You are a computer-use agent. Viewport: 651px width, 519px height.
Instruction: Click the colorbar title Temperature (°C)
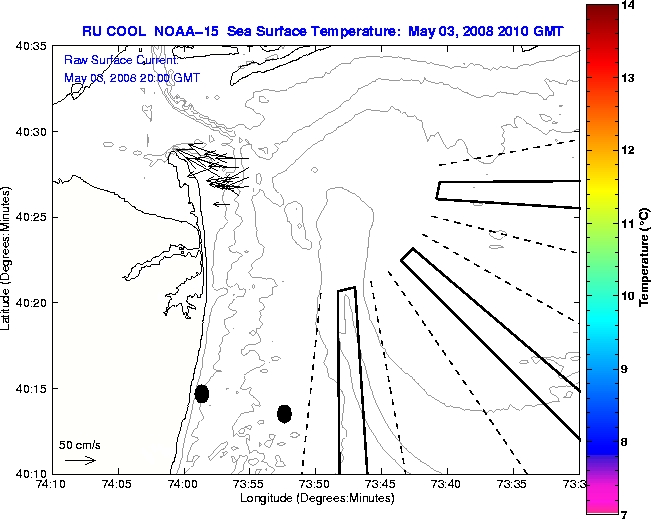coord(644,260)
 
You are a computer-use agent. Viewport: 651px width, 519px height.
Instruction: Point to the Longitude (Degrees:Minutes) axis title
coord(315,497)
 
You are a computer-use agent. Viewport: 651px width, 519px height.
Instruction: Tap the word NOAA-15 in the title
coord(187,31)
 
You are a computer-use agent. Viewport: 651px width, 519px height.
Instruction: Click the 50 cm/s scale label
coord(79,444)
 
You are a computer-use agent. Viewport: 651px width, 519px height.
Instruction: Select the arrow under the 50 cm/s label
coord(79,460)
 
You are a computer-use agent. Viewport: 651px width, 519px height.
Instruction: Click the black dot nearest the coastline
coord(202,393)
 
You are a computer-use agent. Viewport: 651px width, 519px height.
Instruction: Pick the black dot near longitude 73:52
coord(284,413)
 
